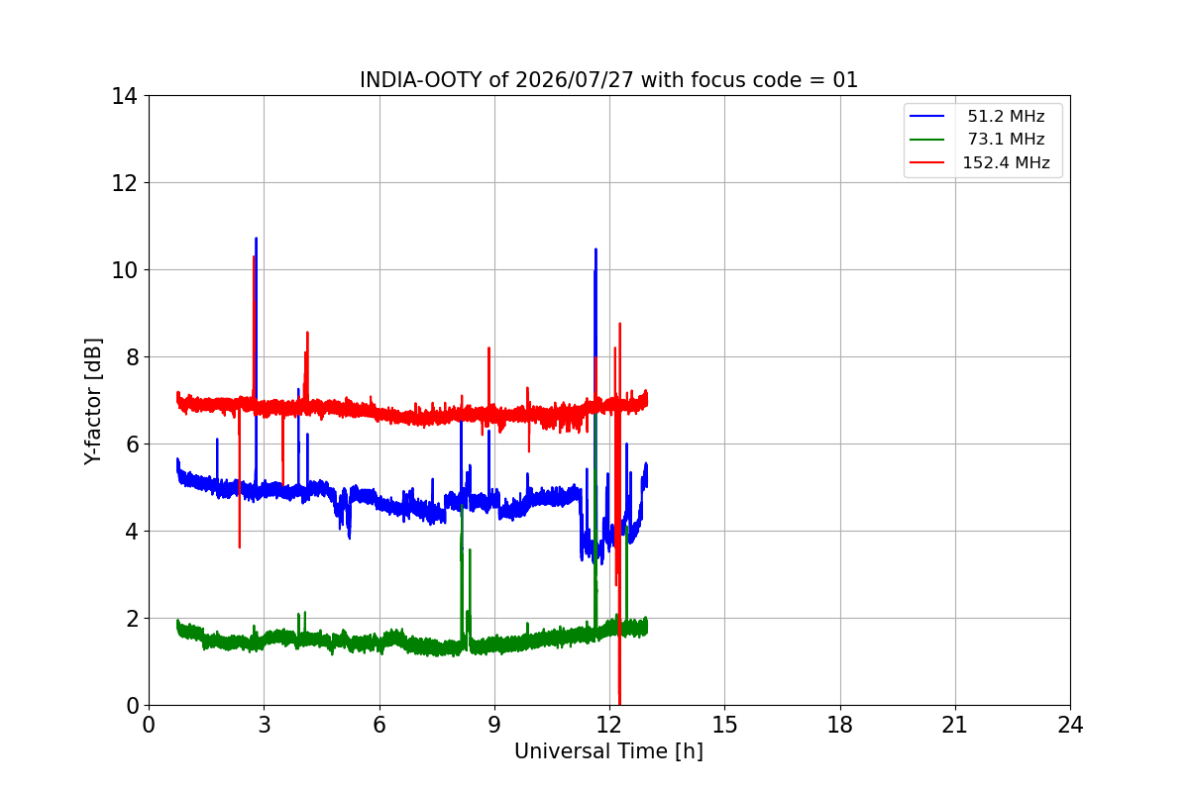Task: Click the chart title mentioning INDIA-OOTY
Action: tap(608, 80)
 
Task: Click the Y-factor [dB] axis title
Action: tap(92, 402)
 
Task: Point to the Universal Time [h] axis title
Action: tap(608, 751)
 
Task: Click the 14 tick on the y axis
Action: tap(124, 97)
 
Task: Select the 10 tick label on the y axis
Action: tap(124, 270)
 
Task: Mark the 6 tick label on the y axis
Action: tap(132, 445)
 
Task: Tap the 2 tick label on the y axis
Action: tap(132, 619)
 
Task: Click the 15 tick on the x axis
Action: tap(724, 725)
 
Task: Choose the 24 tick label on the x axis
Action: tap(1070, 725)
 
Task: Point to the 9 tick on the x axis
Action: tap(494, 725)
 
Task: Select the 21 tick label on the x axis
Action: tap(955, 725)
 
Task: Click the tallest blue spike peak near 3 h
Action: tap(256, 239)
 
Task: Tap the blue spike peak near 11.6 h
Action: tap(595, 249)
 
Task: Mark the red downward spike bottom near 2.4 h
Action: tap(240, 546)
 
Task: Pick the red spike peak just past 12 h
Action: tap(619, 324)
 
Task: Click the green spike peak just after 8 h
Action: tap(462, 506)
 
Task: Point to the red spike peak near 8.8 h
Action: tap(488, 348)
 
